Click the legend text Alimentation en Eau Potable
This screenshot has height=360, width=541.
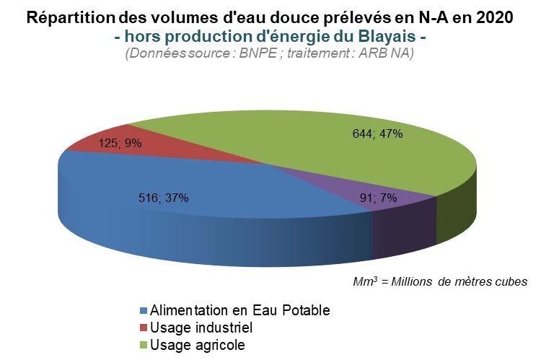coord(239,311)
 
